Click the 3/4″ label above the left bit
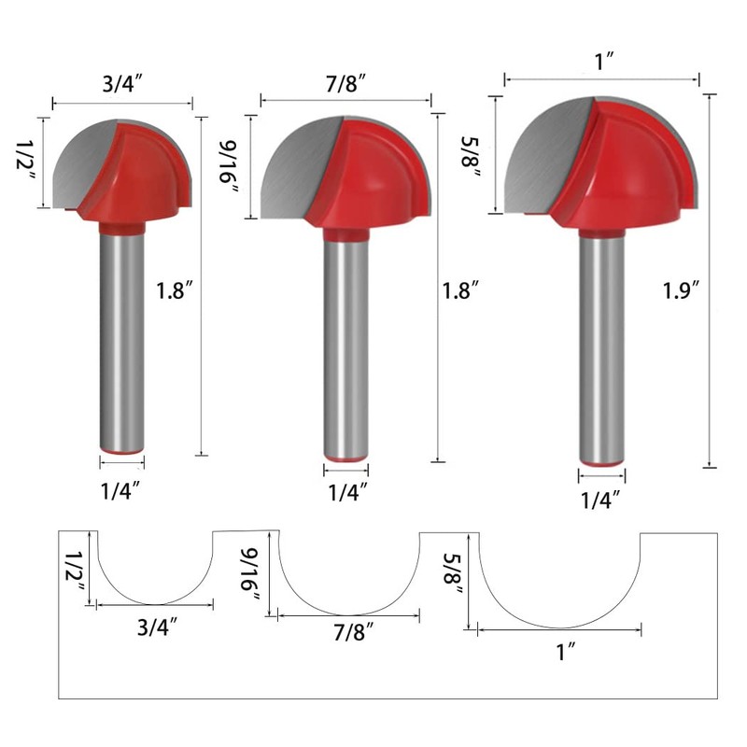coord(122,84)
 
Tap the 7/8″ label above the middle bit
coord(346,83)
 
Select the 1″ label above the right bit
coord(604,62)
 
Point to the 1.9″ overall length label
coord(682,290)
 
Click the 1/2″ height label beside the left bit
coord(25,161)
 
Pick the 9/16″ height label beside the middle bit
coord(229,167)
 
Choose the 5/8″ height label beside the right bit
coord(471,157)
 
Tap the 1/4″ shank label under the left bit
coord(120,491)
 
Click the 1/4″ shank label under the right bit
coord(600,500)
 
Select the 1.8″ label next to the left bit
coord(175,290)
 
